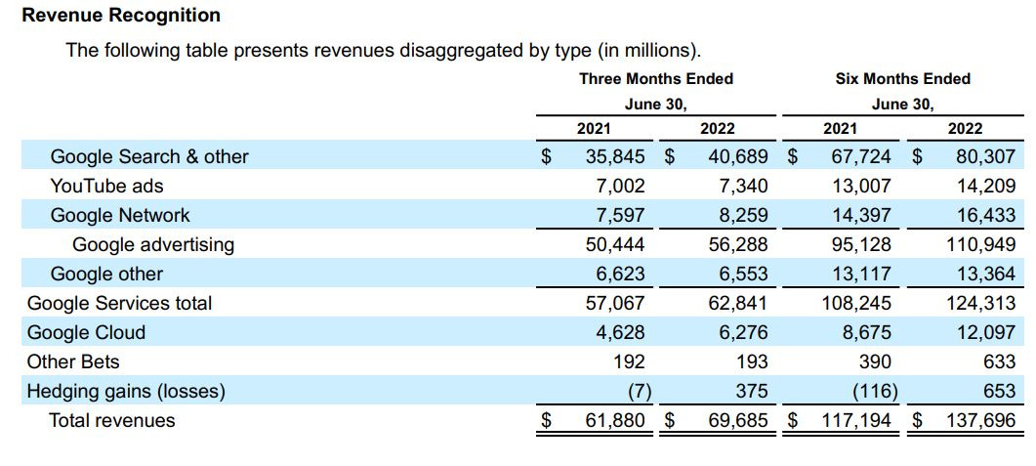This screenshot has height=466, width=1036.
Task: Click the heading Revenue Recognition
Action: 121,16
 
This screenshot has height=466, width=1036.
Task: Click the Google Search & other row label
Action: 149,156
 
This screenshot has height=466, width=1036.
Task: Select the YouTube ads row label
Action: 106,186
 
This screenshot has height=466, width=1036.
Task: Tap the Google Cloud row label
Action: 86,332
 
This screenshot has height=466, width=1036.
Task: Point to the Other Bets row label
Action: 73,361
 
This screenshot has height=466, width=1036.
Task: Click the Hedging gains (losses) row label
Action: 126,391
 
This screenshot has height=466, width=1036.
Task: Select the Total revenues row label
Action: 112,420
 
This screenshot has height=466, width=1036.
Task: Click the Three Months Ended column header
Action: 656,78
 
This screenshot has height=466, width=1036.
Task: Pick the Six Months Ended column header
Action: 902,78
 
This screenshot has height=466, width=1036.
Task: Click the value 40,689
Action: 738,156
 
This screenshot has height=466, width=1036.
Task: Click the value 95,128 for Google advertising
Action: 860,244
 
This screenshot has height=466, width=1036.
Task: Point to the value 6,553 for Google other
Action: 743,274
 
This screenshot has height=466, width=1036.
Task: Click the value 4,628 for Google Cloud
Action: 620,332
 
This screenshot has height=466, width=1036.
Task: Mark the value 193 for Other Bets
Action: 752,361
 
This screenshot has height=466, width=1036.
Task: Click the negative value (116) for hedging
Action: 871,391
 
